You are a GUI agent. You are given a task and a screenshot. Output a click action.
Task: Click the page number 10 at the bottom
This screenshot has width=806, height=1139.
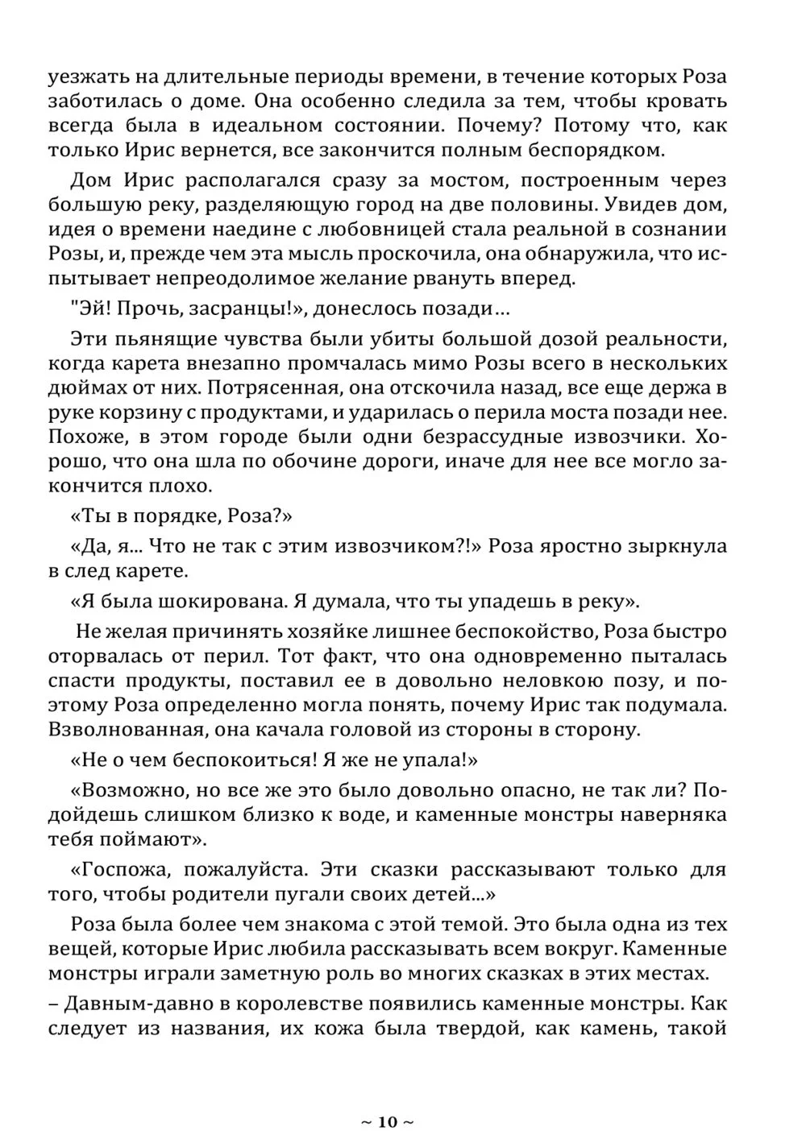pyautogui.click(x=387, y=1121)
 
